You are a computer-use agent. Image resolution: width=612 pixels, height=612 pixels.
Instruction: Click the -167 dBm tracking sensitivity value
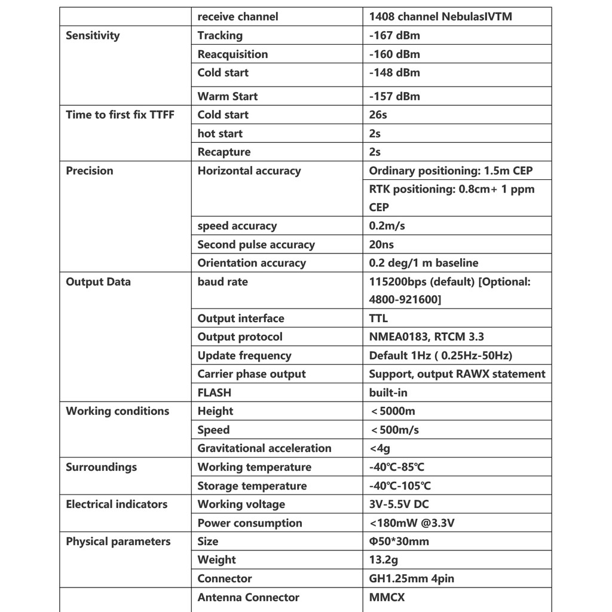394,35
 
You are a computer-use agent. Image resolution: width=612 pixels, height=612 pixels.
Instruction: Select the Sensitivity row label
93,35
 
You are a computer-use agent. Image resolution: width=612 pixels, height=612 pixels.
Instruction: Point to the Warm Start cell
227,96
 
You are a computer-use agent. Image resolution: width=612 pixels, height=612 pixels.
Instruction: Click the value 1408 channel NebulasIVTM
440,17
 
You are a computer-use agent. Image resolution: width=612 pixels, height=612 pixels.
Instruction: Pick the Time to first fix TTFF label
120,115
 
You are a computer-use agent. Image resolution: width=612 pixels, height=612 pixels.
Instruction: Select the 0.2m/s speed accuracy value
387,226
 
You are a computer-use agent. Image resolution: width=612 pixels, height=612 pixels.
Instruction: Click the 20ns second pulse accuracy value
381,244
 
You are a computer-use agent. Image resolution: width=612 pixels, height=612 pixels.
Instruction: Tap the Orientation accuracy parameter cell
251,263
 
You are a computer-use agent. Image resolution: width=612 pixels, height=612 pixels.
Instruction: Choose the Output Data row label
98,282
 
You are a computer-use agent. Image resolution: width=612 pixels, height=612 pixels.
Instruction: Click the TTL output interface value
378,319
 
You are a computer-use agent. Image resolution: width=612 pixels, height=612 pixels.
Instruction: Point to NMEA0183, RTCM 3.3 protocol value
426,337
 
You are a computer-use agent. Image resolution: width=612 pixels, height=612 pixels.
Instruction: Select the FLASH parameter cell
214,393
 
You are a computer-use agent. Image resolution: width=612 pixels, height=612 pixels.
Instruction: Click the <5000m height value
393,411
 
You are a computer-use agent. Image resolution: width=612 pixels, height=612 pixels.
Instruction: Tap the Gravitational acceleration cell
264,448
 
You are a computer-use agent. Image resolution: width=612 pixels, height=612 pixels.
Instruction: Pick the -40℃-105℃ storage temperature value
400,486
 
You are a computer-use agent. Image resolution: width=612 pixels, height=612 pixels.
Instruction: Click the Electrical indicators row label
117,504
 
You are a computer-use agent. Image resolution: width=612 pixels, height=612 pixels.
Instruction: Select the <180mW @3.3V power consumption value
412,523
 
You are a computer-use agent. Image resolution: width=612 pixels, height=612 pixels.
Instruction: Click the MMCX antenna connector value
387,597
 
